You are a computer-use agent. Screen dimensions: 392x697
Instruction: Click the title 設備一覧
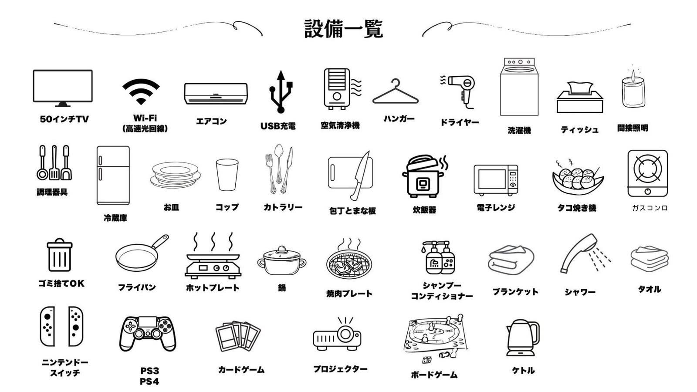pos(343,29)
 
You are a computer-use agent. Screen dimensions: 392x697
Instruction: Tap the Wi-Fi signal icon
pos(141,91)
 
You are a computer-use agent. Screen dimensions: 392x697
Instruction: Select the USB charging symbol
pos(281,92)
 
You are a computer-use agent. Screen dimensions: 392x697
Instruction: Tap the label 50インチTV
pos(64,119)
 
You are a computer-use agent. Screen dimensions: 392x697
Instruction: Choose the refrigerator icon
pos(113,175)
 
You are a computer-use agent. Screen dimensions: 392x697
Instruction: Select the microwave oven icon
pos(496,180)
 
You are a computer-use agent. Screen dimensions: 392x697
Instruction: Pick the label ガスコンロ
pos(649,208)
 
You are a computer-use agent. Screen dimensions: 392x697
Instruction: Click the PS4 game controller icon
pos(148,333)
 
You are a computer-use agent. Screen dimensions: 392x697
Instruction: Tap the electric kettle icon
pos(522,338)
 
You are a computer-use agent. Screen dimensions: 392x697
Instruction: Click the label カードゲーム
pos(241,369)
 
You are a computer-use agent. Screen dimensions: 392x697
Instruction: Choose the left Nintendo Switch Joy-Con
pos(47,326)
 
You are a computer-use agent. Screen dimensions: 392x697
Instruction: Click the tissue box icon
pos(580,98)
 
